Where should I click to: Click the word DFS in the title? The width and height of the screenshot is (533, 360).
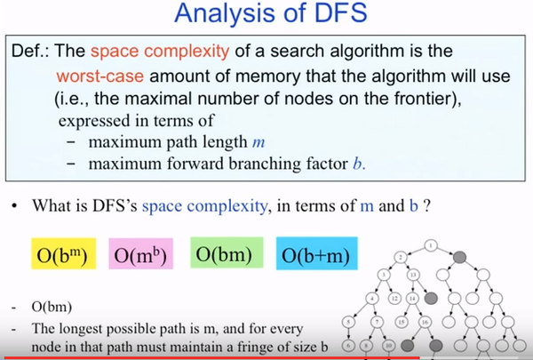point(340,13)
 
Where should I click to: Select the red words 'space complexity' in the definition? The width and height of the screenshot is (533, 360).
point(160,51)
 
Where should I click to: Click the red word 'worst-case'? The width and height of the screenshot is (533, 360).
point(99,76)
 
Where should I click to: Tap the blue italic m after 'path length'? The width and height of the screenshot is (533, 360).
point(259,142)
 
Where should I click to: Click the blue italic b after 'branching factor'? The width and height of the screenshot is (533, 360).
point(358,164)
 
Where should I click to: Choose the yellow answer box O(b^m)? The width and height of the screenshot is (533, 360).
point(64,254)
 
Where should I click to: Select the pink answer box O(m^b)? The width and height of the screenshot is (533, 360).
point(140,254)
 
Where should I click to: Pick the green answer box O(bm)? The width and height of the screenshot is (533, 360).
point(227,252)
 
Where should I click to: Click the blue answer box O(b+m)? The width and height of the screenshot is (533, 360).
point(317,253)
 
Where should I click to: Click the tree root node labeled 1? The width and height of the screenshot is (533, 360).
point(431,245)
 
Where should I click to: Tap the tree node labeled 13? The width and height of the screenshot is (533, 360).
point(413,275)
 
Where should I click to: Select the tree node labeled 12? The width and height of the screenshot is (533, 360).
point(394,299)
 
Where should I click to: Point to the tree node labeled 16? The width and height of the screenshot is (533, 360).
point(425,322)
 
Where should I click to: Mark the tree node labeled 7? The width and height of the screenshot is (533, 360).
point(377,322)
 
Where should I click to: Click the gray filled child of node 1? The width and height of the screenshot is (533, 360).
point(459,257)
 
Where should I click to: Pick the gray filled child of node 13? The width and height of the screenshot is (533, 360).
point(431,299)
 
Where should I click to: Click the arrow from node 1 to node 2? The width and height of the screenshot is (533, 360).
point(416,252)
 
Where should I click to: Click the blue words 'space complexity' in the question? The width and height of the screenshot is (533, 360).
point(204,206)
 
